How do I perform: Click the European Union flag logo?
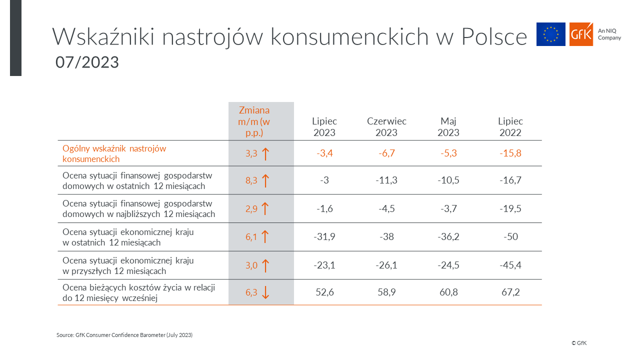click(x=550, y=34)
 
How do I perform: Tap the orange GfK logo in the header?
click(x=581, y=34)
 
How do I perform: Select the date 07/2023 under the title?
click(x=87, y=62)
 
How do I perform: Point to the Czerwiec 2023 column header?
click(x=386, y=127)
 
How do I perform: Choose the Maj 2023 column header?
click(x=448, y=127)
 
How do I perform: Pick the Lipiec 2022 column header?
click(x=510, y=127)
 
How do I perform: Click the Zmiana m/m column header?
click(x=254, y=121)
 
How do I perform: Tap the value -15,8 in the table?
click(x=510, y=153)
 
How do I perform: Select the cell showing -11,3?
click(x=386, y=180)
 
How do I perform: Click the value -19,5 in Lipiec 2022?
click(x=510, y=208)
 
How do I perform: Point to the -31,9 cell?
click(x=324, y=236)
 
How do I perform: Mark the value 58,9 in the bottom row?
click(x=386, y=292)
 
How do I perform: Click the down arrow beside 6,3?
click(x=265, y=292)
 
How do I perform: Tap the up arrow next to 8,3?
click(x=265, y=180)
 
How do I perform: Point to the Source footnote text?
click(x=124, y=335)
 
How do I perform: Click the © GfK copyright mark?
click(x=579, y=343)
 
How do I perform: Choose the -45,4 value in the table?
click(x=510, y=265)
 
